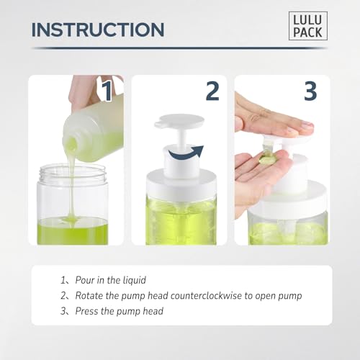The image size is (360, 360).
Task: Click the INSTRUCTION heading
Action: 98,30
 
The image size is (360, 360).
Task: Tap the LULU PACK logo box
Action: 307,26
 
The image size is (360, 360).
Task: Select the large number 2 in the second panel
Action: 212,91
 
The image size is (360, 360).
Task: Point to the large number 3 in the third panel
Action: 310,91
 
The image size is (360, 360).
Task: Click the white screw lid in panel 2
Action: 181,186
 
